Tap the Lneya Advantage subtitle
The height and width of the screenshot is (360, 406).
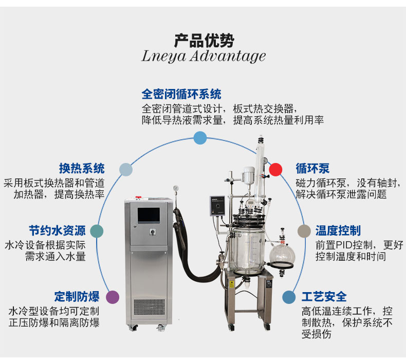click(x=204, y=56)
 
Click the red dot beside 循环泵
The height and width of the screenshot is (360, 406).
click(x=276, y=169)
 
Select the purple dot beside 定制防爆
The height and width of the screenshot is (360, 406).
click(x=113, y=297)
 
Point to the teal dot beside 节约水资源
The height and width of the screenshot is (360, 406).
click(x=97, y=231)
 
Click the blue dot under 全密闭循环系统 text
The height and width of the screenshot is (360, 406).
click(x=200, y=137)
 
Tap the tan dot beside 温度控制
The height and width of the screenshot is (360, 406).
click(x=304, y=231)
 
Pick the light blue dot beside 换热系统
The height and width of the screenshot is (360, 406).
click(x=126, y=169)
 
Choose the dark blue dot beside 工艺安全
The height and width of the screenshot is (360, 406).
click(x=289, y=297)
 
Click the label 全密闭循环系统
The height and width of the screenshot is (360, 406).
click(x=181, y=94)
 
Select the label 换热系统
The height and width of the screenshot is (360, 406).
click(x=82, y=168)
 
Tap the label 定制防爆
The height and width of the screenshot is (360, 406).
click(x=77, y=297)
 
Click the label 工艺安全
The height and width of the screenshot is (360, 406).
click(x=324, y=297)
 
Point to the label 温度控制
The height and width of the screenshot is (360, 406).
click(x=338, y=230)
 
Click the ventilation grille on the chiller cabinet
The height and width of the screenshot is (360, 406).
click(x=150, y=308)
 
